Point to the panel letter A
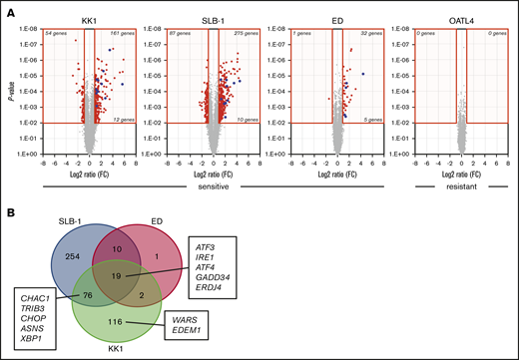8,8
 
